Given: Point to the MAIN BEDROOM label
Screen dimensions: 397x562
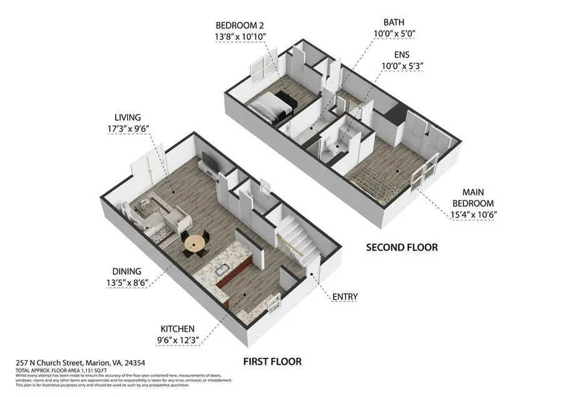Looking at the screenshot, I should click(473, 198).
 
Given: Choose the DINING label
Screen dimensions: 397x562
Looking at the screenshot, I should click(127, 272).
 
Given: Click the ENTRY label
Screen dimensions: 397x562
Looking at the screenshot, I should click(345, 297).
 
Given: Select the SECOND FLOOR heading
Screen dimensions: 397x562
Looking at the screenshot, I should click(402, 247).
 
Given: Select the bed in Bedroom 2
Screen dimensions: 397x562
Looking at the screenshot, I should click(273, 104).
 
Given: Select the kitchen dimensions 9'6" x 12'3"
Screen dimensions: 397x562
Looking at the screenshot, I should click(177, 340).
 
